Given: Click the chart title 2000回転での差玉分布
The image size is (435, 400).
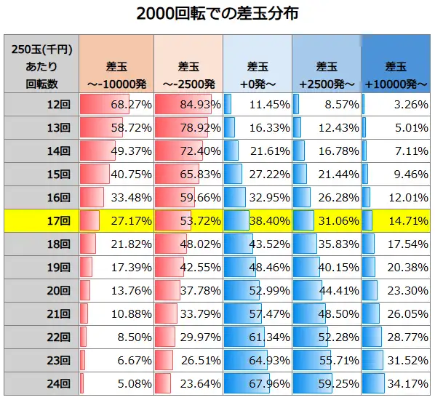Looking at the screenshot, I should [217, 15].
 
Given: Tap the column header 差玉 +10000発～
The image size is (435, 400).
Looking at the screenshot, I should [396, 64].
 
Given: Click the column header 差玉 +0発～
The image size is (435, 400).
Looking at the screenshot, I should [258, 64].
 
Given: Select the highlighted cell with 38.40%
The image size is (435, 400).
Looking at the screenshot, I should [258, 220].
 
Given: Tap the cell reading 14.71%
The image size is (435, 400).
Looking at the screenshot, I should [396, 220].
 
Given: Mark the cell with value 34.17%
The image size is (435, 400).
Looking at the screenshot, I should [396, 383].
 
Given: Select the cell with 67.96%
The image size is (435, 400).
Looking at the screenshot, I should [258, 383].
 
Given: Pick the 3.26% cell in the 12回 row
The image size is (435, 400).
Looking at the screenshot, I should [396, 105].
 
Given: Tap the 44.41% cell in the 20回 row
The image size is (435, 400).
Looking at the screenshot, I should [327, 290].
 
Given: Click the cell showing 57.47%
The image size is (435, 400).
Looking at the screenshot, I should [258, 313].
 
